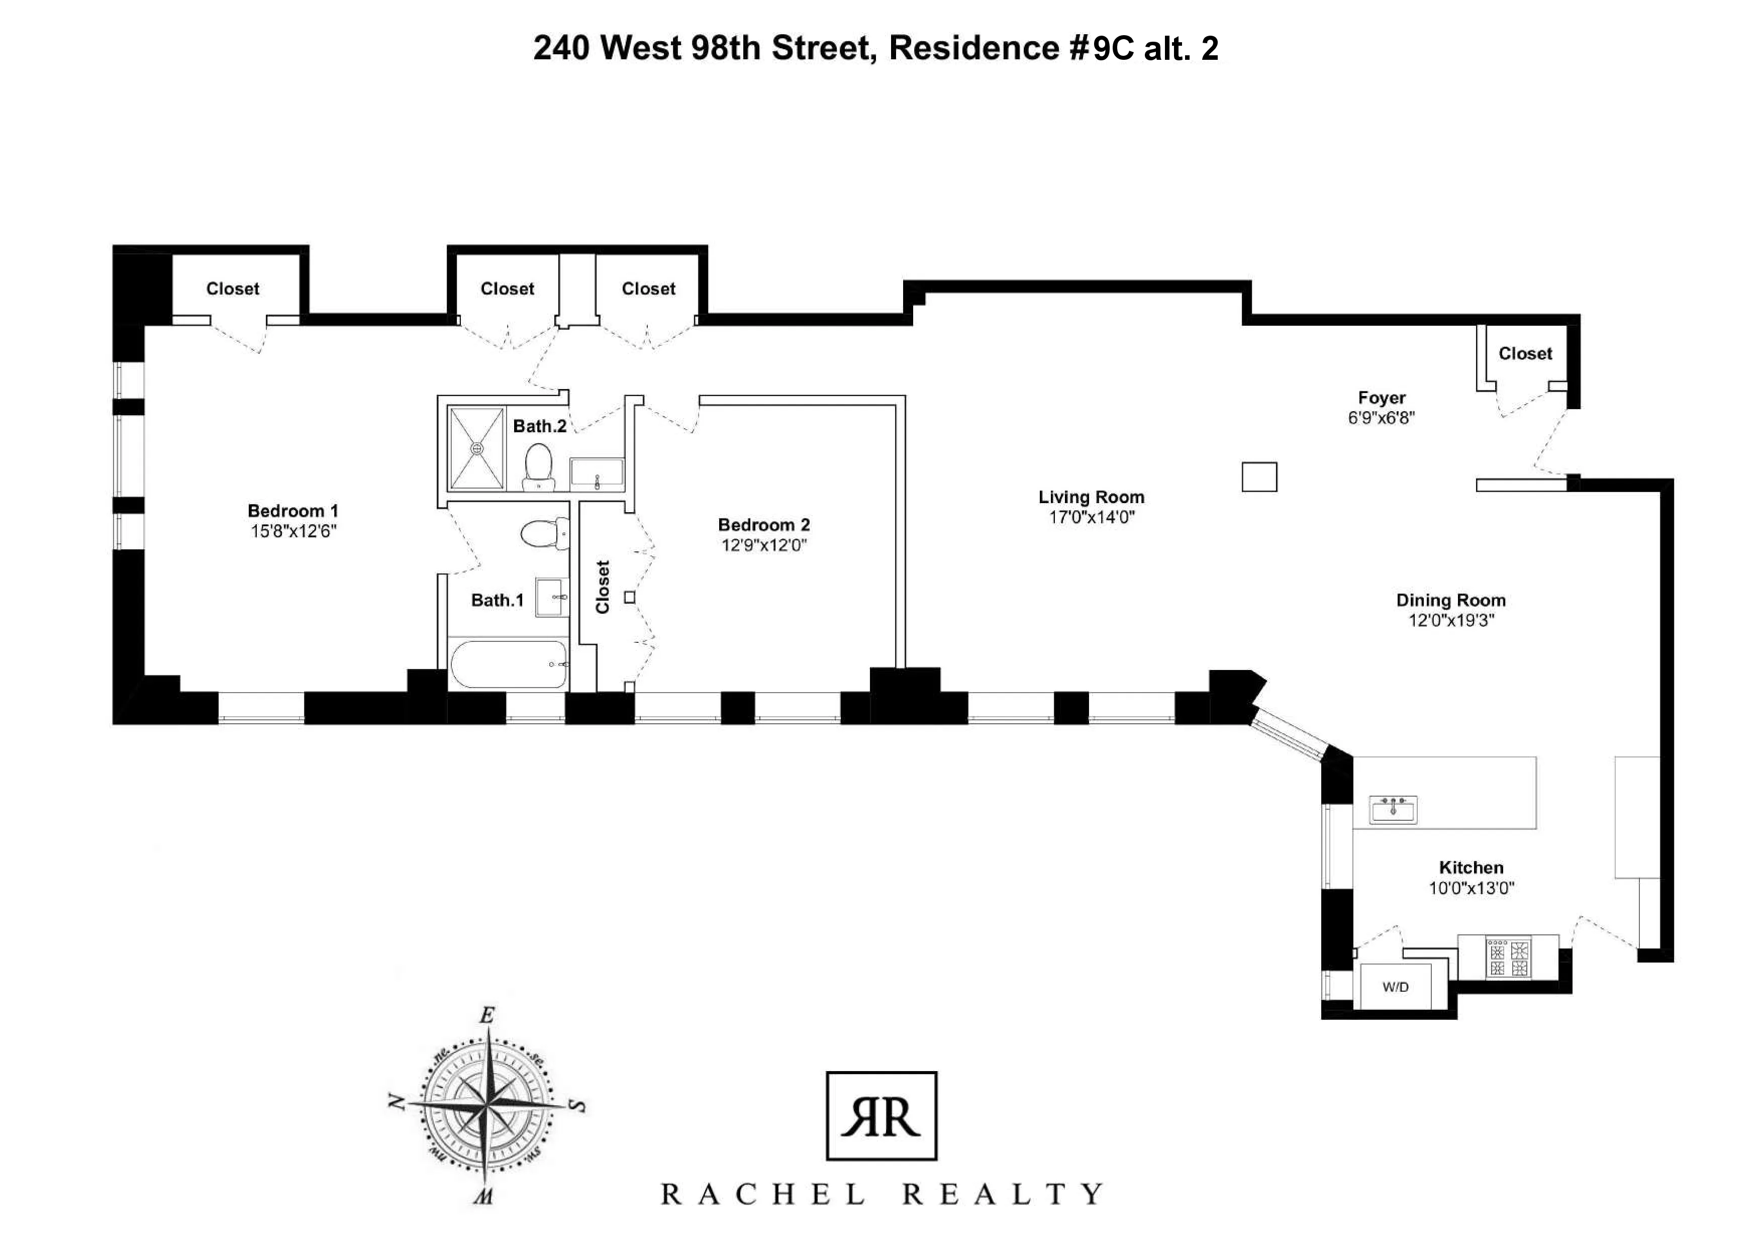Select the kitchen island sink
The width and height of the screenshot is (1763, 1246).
(x=1394, y=809)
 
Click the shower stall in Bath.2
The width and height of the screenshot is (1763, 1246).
(x=477, y=448)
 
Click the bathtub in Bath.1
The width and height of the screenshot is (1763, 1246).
(x=508, y=664)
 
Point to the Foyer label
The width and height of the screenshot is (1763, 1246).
(x=1382, y=398)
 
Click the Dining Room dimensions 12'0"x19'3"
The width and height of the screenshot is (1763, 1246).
(x=1450, y=620)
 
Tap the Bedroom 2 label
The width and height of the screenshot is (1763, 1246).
(x=763, y=525)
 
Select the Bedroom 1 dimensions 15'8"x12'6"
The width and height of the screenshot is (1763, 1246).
(x=293, y=531)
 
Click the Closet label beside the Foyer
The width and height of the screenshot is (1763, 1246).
(x=1525, y=354)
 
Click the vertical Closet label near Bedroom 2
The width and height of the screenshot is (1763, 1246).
(x=603, y=587)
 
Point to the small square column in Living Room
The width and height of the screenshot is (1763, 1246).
(x=1259, y=477)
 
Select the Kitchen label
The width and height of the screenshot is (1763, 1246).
(x=1471, y=868)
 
